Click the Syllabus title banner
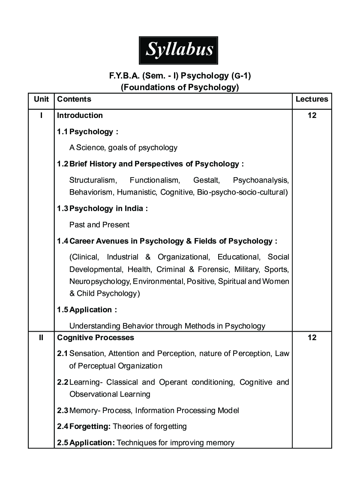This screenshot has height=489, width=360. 179,50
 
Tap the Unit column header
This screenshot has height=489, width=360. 42,99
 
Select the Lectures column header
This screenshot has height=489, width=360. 312,99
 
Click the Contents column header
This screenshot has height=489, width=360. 74,99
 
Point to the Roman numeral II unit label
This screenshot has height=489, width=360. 41,338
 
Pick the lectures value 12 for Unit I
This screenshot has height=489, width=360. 312,115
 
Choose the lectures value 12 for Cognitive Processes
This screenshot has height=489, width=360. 312,338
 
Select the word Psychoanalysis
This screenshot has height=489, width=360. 261,180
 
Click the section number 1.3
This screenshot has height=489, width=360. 63,208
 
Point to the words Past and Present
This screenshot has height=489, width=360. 99,225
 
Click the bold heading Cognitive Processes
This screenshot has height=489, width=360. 96,338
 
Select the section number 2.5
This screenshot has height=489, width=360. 63,443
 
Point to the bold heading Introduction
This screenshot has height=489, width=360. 80,115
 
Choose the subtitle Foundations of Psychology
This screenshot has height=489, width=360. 180,88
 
